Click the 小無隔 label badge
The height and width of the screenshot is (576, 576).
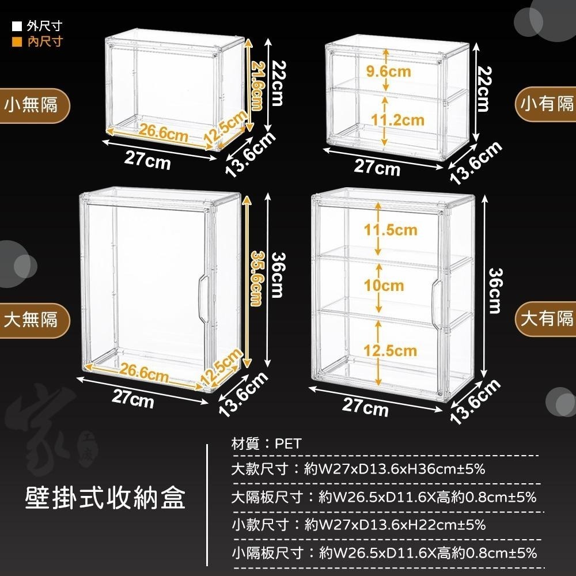(x=32, y=105)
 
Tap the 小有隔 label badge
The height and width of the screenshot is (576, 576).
(x=547, y=104)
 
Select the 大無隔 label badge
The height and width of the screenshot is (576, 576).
(x=32, y=319)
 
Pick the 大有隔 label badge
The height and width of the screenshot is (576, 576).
(x=547, y=318)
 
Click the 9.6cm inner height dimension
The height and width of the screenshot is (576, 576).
(x=389, y=71)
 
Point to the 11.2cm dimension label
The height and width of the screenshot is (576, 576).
(x=397, y=120)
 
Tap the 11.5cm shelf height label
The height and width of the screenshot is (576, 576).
(x=391, y=230)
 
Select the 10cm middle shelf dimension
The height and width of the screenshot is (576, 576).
(x=384, y=286)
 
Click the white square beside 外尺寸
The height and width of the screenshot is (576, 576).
(x=17, y=26)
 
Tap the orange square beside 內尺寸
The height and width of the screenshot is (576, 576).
(x=17, y=41)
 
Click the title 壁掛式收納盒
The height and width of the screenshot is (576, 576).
(x=106, y=497)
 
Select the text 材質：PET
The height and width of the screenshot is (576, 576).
(x=262, y=444)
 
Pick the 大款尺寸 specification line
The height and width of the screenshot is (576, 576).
(x=358, y=469)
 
